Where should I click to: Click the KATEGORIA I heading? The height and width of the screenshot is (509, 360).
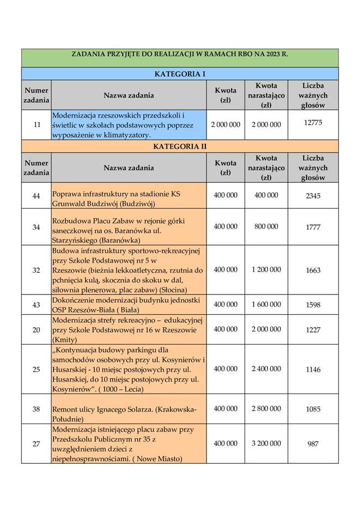pos(180,74)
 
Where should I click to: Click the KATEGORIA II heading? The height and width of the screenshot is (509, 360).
pos(180,146)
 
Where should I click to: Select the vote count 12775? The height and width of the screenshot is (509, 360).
pos(313,123)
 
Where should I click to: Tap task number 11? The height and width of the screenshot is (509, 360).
pos(36,125)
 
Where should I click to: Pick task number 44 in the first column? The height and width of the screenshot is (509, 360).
pos(36,196)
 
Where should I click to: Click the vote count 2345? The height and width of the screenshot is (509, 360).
pos(313,196)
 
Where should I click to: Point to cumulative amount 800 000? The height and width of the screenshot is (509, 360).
pos(266,226)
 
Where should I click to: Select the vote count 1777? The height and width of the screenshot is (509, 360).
pos(313,227)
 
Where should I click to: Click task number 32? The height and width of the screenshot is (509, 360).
pos(36,270)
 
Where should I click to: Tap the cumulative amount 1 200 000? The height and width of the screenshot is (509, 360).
pos(266,269)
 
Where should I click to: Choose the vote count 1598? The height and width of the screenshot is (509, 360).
pos(313,305)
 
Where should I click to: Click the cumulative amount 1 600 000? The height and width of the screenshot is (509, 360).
pos(266,304)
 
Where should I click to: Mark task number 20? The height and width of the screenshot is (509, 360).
pos(36,330)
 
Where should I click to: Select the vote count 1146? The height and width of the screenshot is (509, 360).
pos(313,370)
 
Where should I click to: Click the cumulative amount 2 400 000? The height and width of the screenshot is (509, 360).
pos(266,369)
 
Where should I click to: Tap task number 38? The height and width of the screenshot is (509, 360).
pos(36,409)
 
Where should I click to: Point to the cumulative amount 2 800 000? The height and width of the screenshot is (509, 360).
pos(266,408)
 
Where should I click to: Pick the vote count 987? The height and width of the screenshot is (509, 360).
pos(313,444)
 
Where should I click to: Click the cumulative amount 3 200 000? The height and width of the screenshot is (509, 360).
pos(266,444)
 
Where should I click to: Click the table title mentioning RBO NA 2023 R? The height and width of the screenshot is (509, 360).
pos(180,55)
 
